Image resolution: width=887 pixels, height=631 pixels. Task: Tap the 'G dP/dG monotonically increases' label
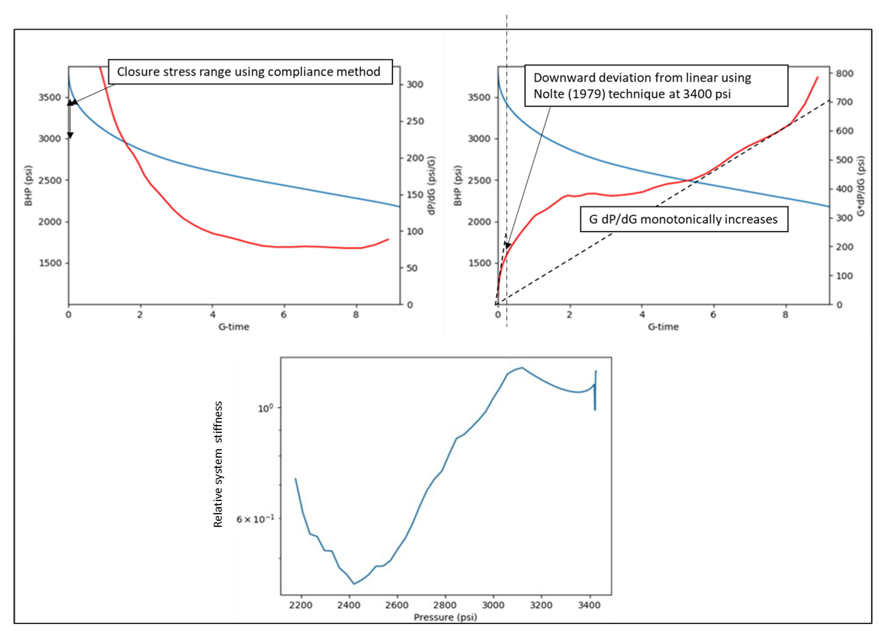click(684, 220)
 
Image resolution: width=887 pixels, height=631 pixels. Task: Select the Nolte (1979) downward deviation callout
click(656, 86)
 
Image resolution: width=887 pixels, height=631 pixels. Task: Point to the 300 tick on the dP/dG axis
click(415, 84)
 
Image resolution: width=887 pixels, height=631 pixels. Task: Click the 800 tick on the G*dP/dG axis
click(844, 73)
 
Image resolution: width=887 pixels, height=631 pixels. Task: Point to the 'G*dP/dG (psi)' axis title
click(861, 186)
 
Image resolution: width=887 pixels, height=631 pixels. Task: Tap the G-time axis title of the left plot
click(234, 327)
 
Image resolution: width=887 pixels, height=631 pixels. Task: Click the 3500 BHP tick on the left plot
click(50, 97)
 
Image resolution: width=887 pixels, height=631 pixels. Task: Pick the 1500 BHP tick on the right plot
click(479, 263)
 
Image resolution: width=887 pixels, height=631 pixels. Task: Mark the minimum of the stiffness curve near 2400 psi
click(354, 584)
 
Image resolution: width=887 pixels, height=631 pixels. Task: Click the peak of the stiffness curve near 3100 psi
click(522, 368)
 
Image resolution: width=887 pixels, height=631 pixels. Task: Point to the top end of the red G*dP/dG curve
click(818, 77)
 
